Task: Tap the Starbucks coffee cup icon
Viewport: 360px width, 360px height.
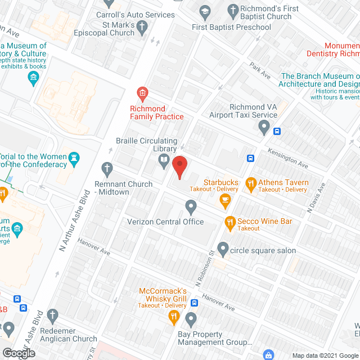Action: coord(225,199)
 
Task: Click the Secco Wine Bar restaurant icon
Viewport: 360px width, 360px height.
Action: coord(229,223)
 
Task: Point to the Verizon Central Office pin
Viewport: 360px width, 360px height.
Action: coord(191,208)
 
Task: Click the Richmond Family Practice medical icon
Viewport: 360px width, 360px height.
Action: coord(142,92)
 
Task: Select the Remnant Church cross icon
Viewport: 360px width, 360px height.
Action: coord(107,168)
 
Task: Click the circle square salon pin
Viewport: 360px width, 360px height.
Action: coord(223,248)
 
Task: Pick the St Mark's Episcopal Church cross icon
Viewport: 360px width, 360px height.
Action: coord(143,26)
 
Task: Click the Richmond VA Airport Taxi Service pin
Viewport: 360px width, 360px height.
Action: coord(264,129)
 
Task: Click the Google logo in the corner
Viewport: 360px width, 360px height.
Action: coord(19,353)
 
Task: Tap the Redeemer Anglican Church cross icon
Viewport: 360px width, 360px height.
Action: coord(53,316)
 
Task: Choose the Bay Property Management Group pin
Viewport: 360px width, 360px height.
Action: coord(191,320)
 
